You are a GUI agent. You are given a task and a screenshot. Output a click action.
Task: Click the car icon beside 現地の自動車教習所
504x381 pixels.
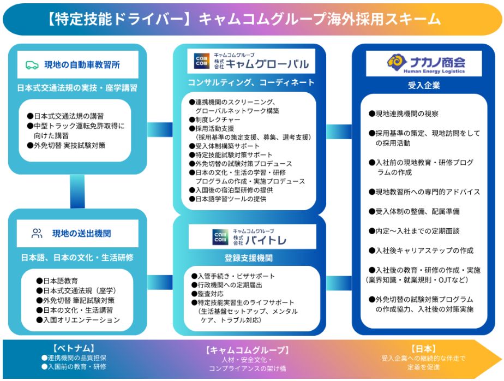[32, 65]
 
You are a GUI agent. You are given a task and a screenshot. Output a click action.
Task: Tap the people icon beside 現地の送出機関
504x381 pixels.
[37, 234]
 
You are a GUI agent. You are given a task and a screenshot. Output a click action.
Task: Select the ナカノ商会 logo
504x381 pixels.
[423, 63]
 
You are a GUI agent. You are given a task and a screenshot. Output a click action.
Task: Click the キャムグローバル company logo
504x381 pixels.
[251, 62]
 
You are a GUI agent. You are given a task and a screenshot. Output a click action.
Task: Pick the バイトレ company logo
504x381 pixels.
[250, 236]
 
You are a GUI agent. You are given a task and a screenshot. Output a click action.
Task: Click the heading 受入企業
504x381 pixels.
[423, 85]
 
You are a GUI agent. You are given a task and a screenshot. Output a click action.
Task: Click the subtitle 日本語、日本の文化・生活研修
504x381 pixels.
[77, 257]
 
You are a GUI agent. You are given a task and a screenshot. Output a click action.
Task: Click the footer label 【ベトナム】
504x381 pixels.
[74, 348]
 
